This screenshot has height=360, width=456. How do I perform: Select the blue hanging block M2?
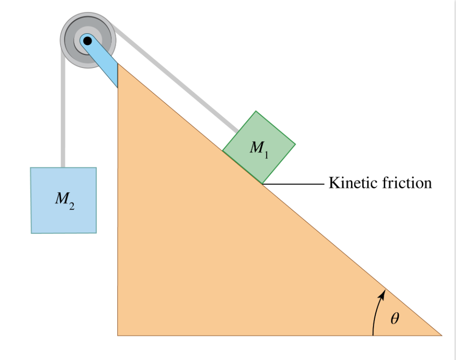click(63, 200)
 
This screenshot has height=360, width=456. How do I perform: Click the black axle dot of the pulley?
click(87, 41)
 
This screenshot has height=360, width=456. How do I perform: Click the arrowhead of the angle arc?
click(383, 294)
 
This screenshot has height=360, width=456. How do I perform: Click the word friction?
click(406, 182)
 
